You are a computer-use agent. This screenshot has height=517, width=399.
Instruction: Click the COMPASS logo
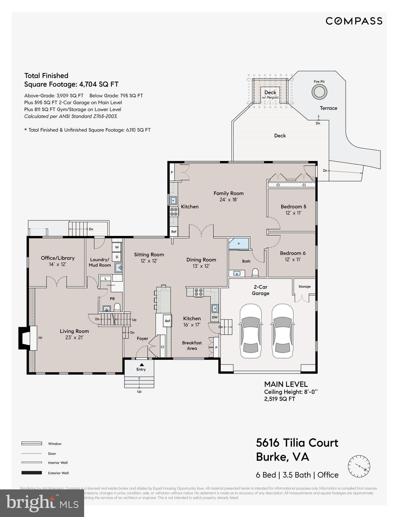pos(354,21)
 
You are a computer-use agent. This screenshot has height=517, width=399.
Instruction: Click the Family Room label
pos(228,193)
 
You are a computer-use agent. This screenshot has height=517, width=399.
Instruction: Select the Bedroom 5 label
pos(293,206)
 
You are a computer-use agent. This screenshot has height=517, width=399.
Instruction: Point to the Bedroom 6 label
pos(293,253)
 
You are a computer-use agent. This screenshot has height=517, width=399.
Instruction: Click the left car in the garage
pos(250,332)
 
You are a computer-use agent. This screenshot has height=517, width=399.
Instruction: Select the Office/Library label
pos(58,258)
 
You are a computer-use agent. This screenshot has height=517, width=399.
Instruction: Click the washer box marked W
pos(117,247)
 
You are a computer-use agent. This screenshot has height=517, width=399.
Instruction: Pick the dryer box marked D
pos(117,257)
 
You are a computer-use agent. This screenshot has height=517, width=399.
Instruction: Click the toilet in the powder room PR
pos(117,307)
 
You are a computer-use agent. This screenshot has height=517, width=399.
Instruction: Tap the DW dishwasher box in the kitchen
pos(215,317)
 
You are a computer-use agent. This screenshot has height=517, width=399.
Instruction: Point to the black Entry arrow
pos(142,365)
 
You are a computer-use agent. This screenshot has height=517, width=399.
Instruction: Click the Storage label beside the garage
pos(304,286)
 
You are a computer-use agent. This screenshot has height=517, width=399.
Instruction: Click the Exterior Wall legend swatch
pos(32,473)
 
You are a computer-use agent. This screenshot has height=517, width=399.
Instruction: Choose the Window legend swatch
pos(32,444)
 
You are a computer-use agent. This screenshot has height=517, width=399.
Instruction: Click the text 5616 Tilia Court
pos(297,443)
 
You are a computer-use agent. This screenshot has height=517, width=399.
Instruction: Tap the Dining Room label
pos(201,260)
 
